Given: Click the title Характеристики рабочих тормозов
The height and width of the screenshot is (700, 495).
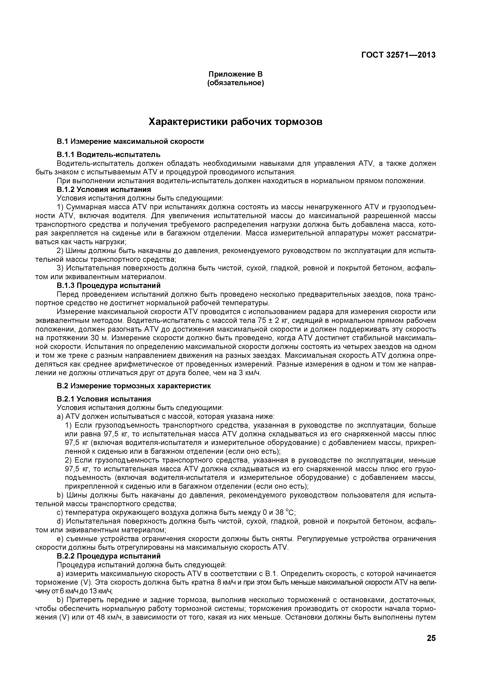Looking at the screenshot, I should pos(235,122).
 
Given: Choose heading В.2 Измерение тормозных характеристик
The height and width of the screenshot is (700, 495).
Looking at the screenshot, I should pos(134,386).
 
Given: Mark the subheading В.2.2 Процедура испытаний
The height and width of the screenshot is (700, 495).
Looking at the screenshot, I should pos(109,556).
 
